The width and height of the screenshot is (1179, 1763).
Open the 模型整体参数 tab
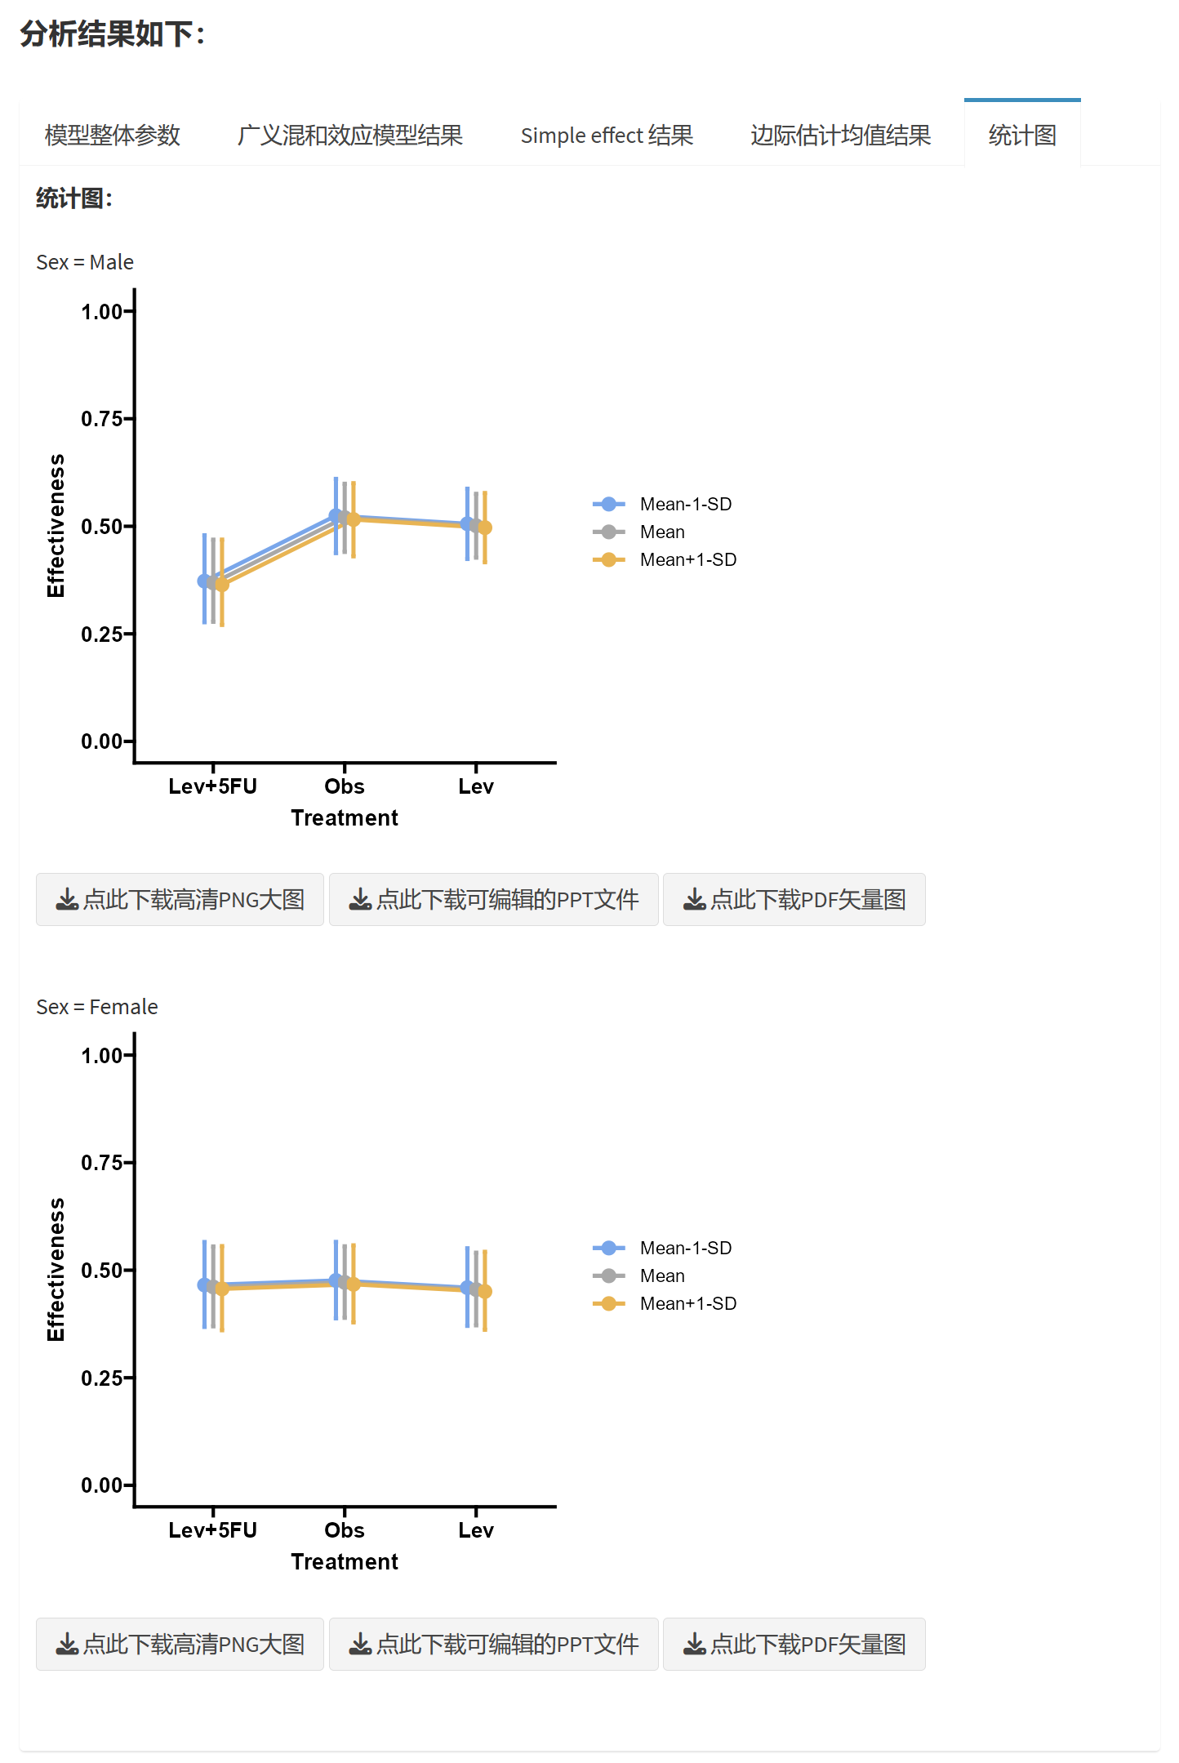[112, 135]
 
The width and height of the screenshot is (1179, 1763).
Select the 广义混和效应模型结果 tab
[349, 135]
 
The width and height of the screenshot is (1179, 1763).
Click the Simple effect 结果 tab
[607, 135]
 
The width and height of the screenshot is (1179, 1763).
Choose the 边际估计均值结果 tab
[840, 135]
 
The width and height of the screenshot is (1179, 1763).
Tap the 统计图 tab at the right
[1022, 135]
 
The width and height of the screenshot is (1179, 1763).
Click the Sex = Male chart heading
[85, 262]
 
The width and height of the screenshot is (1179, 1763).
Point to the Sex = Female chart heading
[97, 1007]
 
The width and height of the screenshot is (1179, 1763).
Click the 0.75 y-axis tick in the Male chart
[102, 419]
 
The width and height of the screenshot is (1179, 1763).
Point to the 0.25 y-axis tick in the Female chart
[102, 1378]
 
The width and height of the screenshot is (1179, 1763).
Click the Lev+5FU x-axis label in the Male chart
[212, 786]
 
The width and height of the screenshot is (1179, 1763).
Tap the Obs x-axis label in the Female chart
[344, 1530]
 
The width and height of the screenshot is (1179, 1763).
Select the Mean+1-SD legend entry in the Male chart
[687, 560]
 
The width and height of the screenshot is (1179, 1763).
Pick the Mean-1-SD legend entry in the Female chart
[685, 1248]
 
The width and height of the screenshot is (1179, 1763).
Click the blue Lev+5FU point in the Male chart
[204, 581]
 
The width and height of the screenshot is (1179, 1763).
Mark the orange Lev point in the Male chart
[485, 528]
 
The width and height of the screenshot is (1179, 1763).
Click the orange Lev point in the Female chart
[485, 1292]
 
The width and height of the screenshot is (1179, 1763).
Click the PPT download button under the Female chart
[493, 1644]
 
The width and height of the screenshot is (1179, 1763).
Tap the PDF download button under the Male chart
[794, 899]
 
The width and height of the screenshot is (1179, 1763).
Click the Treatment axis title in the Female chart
[344, 1562]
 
